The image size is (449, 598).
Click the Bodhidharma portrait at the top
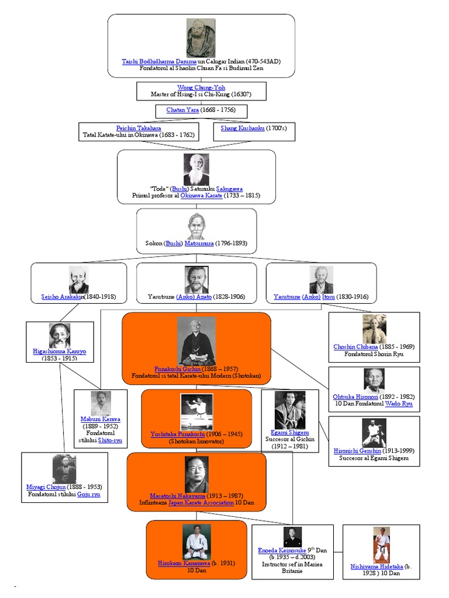point(201,37)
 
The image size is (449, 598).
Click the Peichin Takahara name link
point(139,128)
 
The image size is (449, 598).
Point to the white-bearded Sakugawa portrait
point(196,169)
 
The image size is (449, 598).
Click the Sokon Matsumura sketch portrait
point(196,227)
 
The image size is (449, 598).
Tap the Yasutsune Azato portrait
point(196,279)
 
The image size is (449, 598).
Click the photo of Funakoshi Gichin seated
point(196,341)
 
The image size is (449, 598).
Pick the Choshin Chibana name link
point(355,347)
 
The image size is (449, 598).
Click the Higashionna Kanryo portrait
point(60,335)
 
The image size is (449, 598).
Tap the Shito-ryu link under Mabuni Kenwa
point(110,440)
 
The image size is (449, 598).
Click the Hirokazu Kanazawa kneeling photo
point(196,541)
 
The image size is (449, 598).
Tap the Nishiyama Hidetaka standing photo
point(381,545)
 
